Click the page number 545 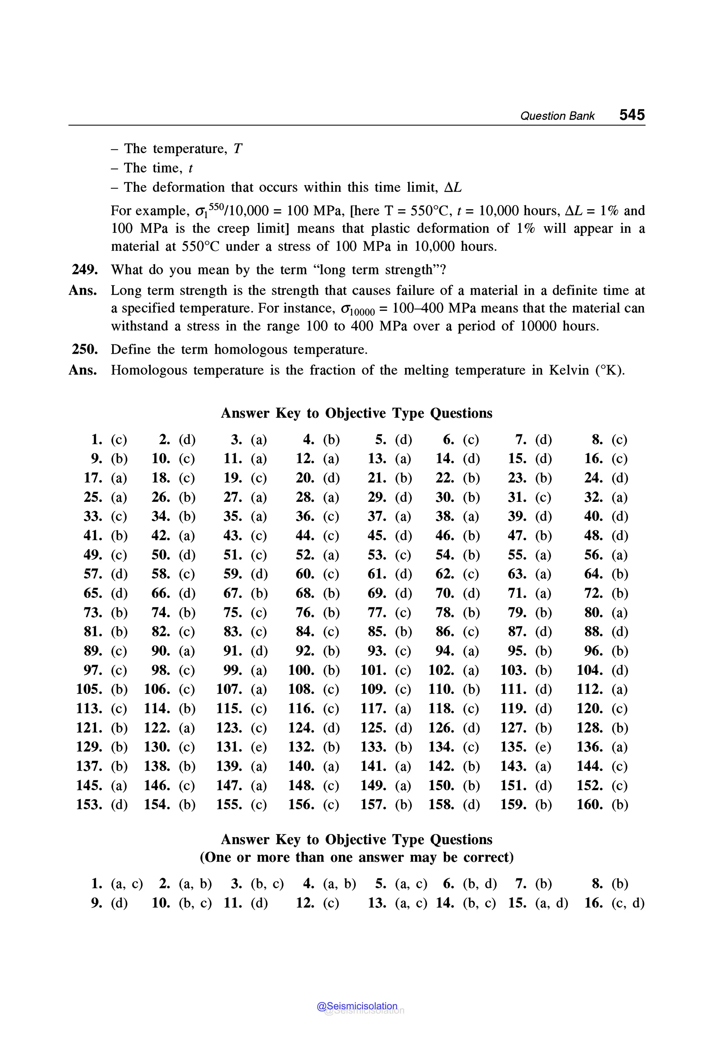pos(632,115)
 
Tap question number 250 pos(85,349)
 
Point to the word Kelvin pos(568,370)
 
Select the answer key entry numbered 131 pos(241,747)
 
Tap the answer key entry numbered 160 pos(602,804)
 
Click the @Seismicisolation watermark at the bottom pos(357,1006)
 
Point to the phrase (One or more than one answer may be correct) pos(357,857)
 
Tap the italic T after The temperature pos(238,149)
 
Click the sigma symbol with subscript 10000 pos(357,309)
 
